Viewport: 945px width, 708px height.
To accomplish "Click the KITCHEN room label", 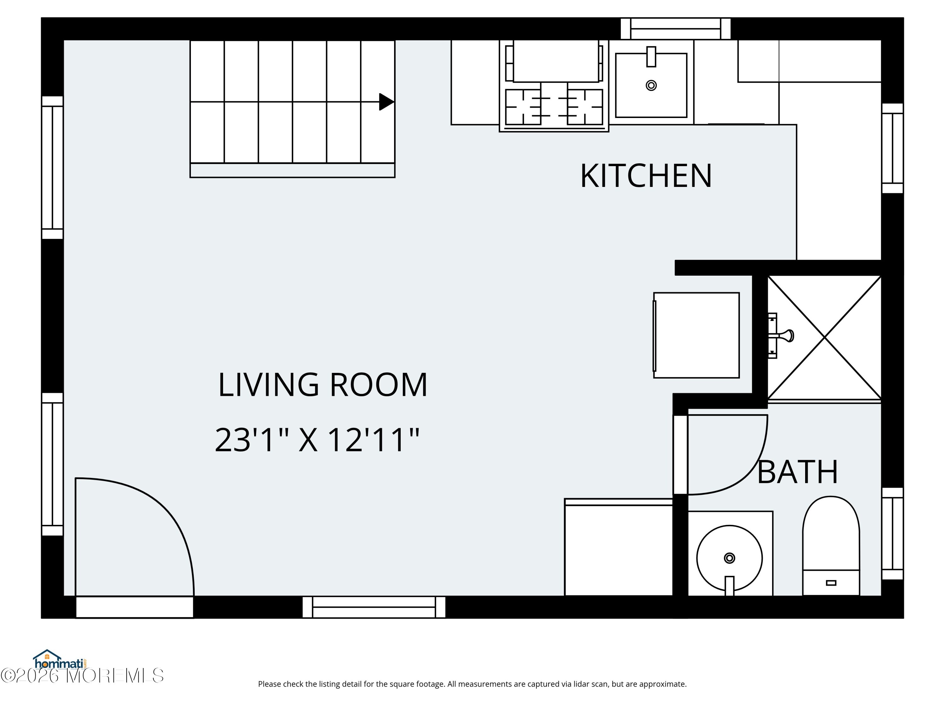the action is [x=645, y=176].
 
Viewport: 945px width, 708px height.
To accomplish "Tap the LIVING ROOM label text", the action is [x=323, y=385].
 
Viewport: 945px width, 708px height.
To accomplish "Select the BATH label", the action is [x=797, y=472].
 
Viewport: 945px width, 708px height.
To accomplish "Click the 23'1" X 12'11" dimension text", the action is [x=317, y=440].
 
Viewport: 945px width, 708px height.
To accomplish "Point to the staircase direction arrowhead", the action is [x=386, y=102].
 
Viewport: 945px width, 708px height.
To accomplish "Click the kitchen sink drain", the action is [x=651, y=85].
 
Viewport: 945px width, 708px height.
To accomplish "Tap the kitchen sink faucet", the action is [x=651, y=56].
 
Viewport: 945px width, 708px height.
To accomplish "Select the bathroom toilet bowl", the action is [x=831, y=533].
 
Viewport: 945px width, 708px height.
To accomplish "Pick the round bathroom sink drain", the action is [x=729, y=558].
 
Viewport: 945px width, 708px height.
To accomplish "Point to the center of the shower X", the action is [x=825, y=337].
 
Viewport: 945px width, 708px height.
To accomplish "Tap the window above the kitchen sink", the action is [x=675, y=29].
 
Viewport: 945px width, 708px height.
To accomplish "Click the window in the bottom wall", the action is [x=374, y=607].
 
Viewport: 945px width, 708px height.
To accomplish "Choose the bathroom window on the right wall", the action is [x=892, y=533].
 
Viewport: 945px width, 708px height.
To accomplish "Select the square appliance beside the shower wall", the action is [x=696, y=335].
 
